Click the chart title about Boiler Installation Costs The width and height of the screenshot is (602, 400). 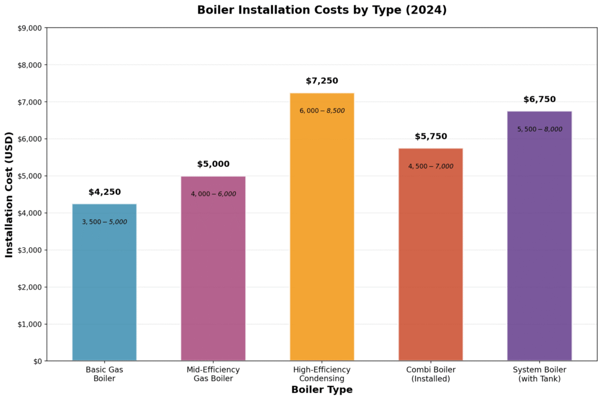tap(322, 10)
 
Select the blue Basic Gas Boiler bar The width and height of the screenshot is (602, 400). tap(104, 282)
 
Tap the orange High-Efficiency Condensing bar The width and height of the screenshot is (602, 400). tap(322, 235)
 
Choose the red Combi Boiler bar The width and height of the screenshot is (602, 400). tap(430, 258)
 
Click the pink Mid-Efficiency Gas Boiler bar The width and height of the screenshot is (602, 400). tap(213, 270)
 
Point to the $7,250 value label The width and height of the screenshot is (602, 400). tap(322, 81)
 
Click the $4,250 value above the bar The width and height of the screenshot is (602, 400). tap(105, 192)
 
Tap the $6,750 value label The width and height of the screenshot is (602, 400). tap(539, 100)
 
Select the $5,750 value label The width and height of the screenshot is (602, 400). tap(430, 137)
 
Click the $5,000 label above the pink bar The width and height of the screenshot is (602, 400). tap(213, 164)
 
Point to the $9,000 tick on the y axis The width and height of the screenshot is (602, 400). tap(30, 28)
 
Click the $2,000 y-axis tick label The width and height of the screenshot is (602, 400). tap(30, 287)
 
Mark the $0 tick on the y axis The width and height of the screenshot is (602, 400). tap(37, 361)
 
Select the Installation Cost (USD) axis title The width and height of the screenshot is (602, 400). tap(9, 194)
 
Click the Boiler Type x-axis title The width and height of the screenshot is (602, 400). tap(322, 390)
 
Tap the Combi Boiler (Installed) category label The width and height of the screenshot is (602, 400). tap(430, 374)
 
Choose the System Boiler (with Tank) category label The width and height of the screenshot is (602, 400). tap(539, 374)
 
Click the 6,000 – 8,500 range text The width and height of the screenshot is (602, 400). tap(322, 111)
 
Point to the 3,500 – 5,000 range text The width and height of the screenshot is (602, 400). tap(104, 222)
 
